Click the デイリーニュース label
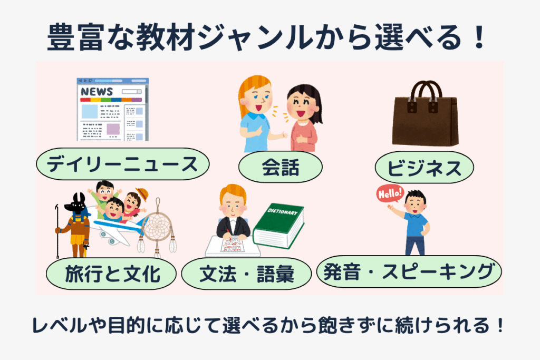click(x=122, y=164)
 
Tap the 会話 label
click(x=281, y=167)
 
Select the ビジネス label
click(x=425, y=168)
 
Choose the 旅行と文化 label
click(x=111, y=274)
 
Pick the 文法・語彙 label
click(x=246, y=274)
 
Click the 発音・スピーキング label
click(x=409, y=271)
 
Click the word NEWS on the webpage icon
click(x=97, y=92)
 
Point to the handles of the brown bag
click(x=426, y=91)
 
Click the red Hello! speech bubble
click(x=390, y=194)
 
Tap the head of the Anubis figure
click(x=78, y=204)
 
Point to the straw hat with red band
click(x=142, y=194)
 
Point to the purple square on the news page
click(x=113, y=129)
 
